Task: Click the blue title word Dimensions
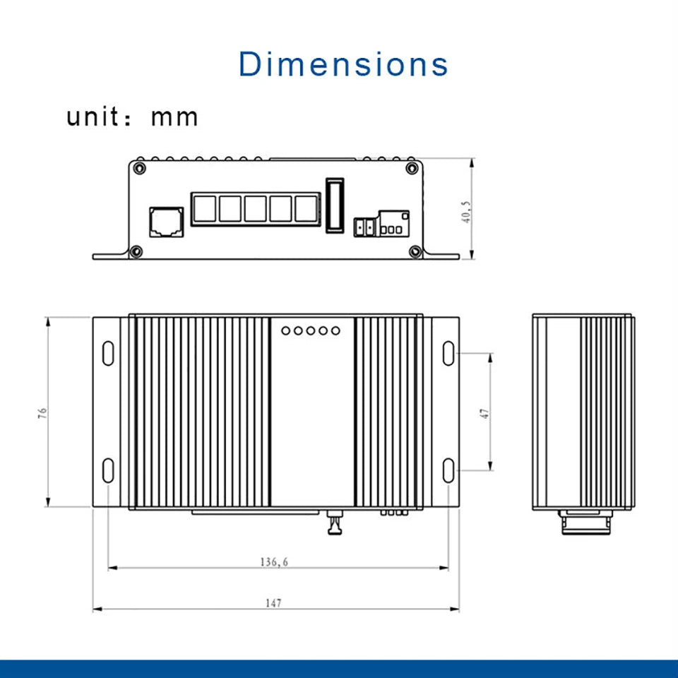(343, 64)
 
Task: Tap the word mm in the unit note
(174, 117)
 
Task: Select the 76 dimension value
(42, 412)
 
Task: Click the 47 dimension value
(484, 412)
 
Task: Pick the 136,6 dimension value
(274, 562)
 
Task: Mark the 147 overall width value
(274, 602)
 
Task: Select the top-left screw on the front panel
(139, 168)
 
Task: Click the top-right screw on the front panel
(411, 168)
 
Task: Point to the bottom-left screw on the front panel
(136, 250)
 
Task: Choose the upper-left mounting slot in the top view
(108, 353)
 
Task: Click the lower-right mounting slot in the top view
(449, 469)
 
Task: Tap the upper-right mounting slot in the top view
(449, 353)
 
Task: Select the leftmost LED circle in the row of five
(285, 330)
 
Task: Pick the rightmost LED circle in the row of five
(335, 330)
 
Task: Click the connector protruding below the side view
(583, 522)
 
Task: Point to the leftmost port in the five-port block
(203, 208)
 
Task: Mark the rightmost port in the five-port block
(307, 208)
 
